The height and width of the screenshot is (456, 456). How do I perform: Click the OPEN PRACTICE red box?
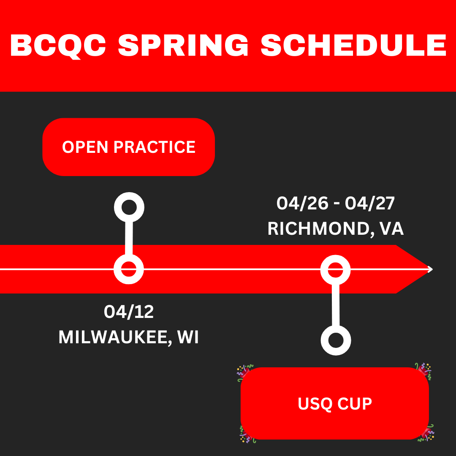[x=128, y=147]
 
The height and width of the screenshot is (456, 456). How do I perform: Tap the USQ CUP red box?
[x=335, y=404]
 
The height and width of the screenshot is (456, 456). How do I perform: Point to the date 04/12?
[x=129, y=312]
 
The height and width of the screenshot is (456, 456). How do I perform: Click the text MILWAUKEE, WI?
[x=129, y=337]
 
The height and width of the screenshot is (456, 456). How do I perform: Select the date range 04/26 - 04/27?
[x=336, y=204]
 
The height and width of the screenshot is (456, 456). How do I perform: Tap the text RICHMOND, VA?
[x=336, y=228]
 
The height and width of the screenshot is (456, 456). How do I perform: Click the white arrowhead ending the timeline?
[x=430, y=269]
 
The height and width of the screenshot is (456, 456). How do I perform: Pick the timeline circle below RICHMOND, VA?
[x=336, y=269]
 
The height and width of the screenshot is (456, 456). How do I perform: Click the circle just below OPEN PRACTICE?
[x=129, y=207]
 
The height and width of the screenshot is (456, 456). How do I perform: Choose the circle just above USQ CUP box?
[x=336, y=340]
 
